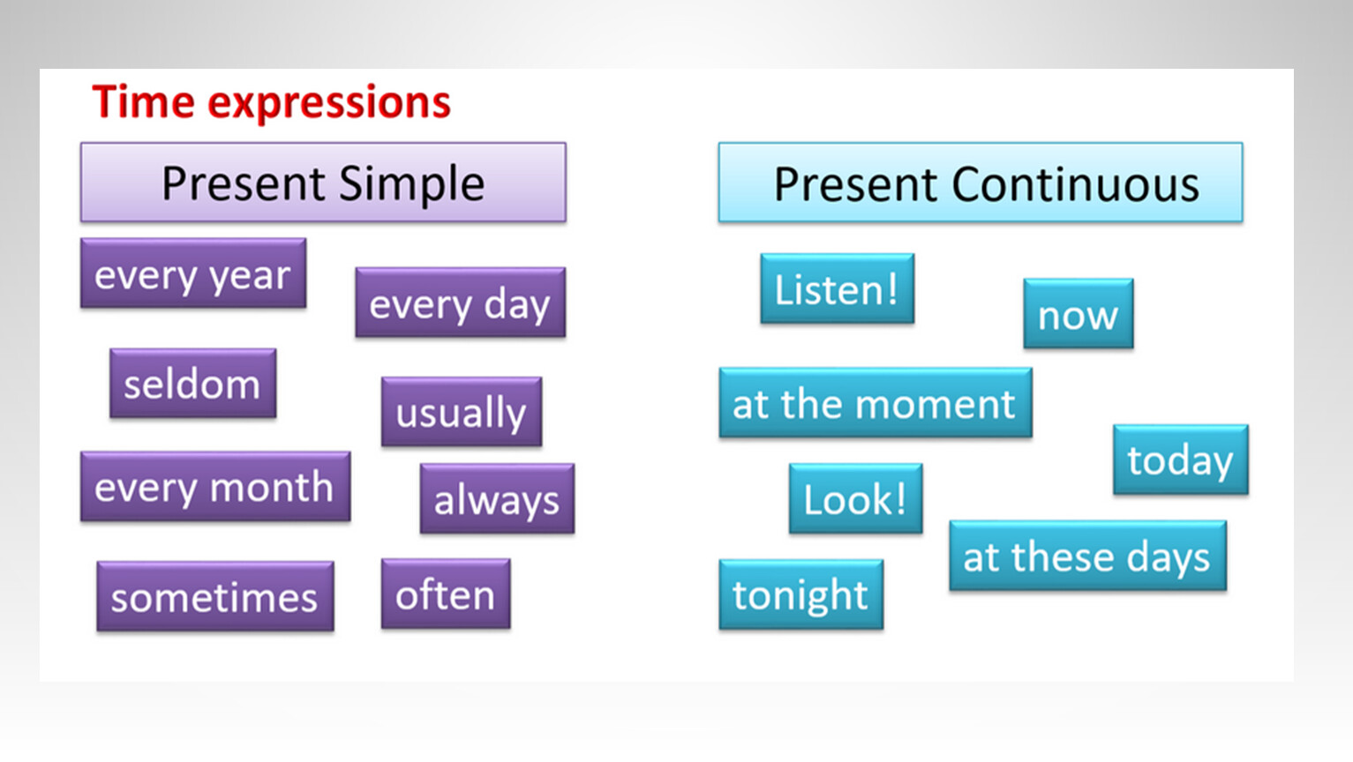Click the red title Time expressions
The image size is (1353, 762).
pos(271,102)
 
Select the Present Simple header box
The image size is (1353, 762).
pos(323,183)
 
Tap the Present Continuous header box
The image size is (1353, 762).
pos(981,183)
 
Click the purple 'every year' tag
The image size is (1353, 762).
pos(193,273)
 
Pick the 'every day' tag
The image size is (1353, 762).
pos(460,302)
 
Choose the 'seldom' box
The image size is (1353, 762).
pos(192,383)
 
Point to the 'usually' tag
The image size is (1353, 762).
pos(462,412)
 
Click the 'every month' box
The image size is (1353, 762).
pos(215,486)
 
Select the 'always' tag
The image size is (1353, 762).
pos(497,499)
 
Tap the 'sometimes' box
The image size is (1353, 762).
pos(215,596)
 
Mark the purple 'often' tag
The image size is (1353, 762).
pos(446,594)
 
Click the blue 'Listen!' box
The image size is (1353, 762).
pos(838,288)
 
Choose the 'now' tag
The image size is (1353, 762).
pos(1079,313)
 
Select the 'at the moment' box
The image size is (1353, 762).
pos(876,403)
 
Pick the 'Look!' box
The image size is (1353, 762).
pos(856,499)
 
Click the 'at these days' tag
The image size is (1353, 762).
pos(1088,556)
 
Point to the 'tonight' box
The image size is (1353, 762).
pos(801,594)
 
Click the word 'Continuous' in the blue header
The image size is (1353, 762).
pos(1075,184)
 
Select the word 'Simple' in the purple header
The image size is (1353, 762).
pos(412,185)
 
